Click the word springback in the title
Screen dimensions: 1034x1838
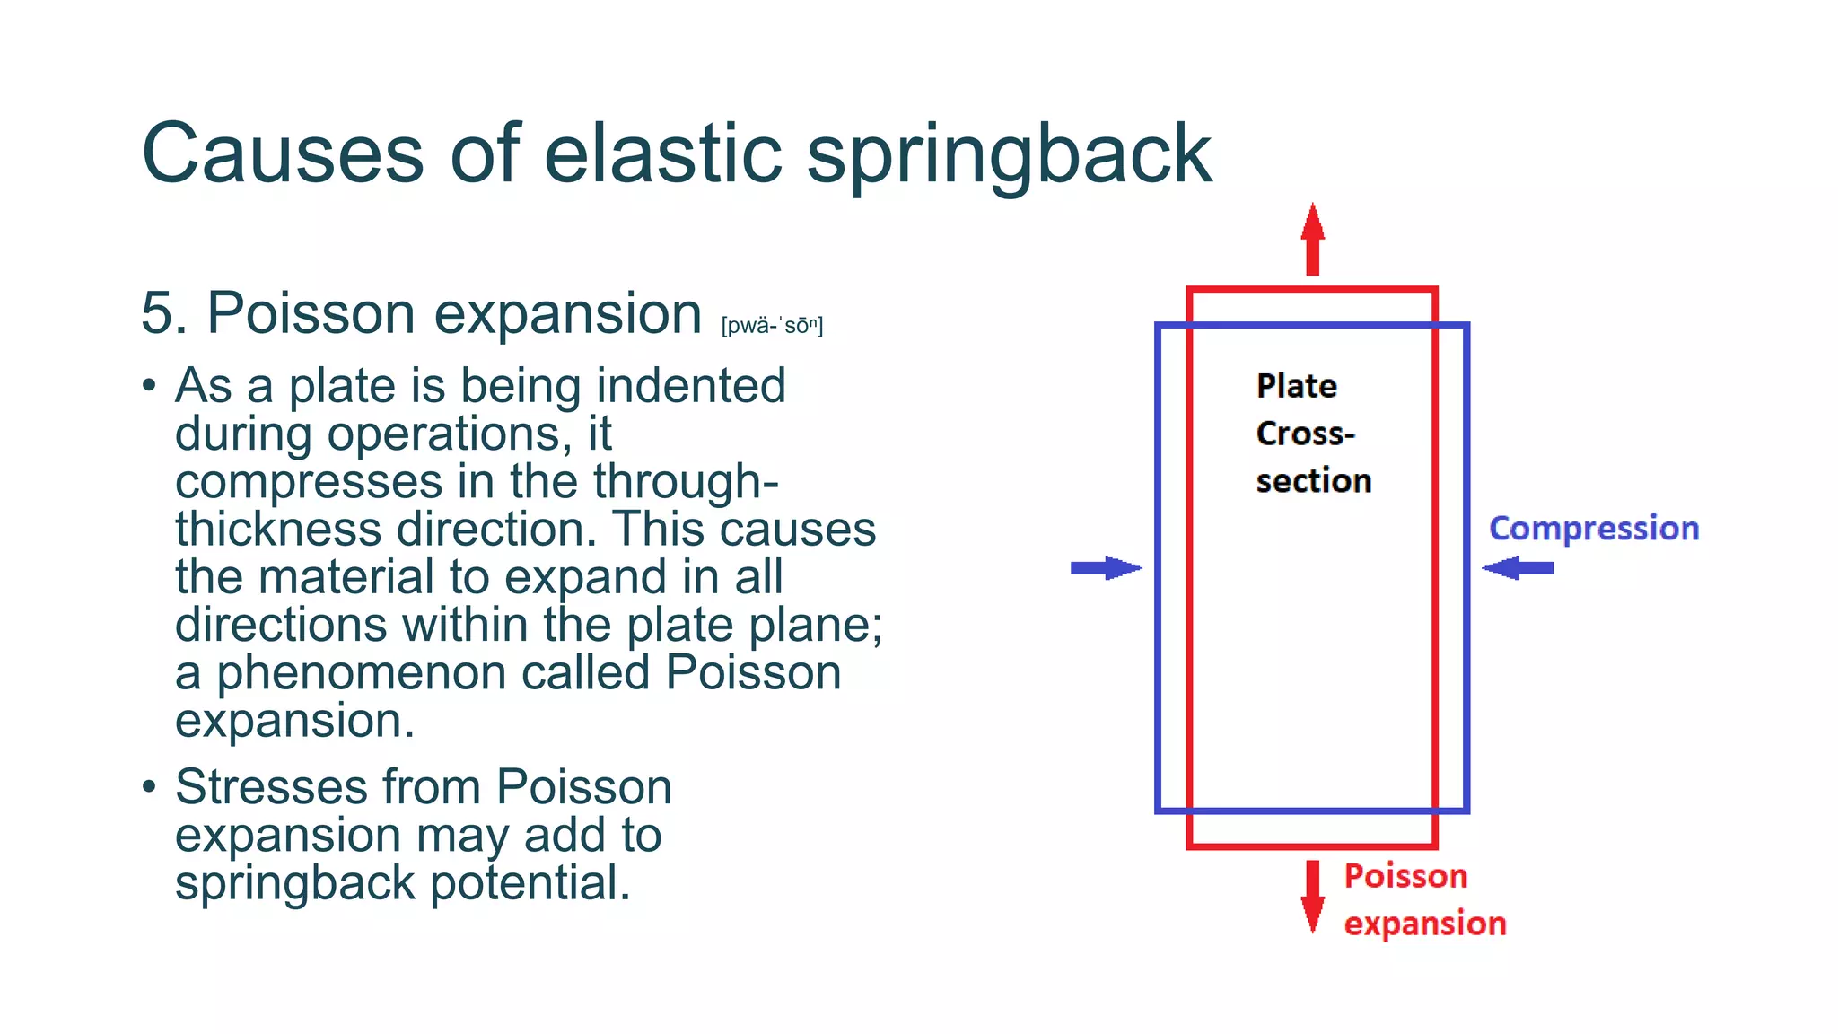[1009, 154]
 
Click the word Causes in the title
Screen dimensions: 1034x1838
[282, 154]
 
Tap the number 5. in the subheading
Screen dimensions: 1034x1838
[164, 314]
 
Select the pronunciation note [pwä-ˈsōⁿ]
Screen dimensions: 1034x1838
[772, 325]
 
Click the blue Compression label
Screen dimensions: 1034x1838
[1594, 528]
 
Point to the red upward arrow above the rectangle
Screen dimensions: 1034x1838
[1312, 239]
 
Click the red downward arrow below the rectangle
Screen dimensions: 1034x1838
[1312, 896]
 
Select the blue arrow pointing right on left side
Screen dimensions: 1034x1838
[1106, 568]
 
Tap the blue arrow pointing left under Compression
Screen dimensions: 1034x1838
[1518, 568]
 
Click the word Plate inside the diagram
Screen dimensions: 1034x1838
[1297, 386]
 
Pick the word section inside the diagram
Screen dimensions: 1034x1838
[1313, 481]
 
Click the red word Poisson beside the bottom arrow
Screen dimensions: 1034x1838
[1405, 876]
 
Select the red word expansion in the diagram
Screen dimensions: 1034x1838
[1424, 924]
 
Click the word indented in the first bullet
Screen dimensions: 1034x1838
[691, 386]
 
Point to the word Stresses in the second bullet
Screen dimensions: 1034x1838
[271, 787]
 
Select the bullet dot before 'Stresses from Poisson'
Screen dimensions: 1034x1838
[149, 787]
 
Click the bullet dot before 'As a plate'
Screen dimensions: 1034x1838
[149, 386]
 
